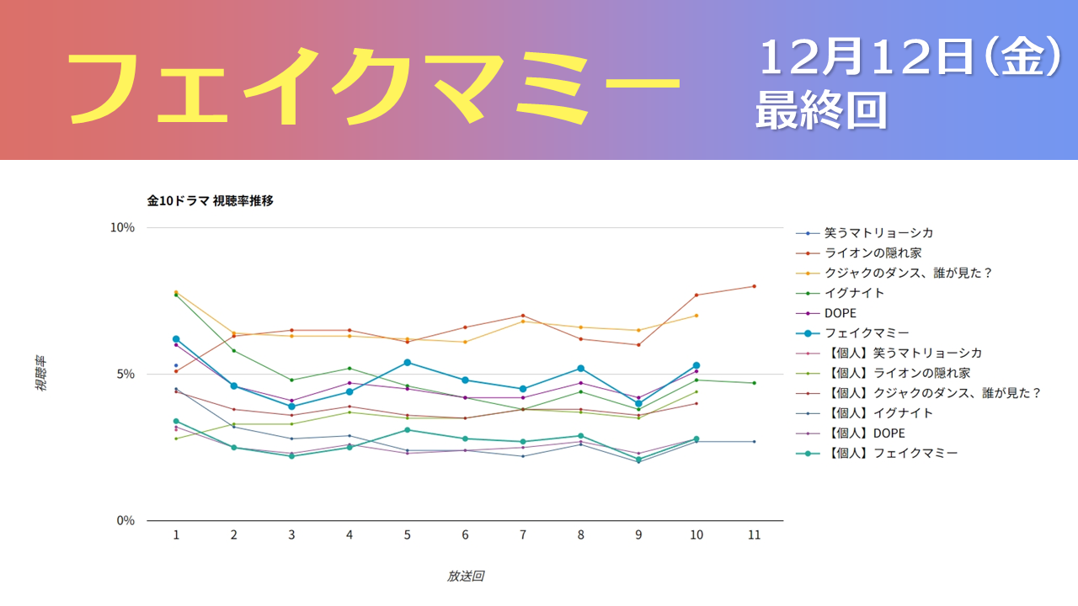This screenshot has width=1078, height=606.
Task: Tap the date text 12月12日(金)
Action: tap(910, 59)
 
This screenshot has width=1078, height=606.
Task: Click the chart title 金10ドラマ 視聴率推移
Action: tap(210, 200)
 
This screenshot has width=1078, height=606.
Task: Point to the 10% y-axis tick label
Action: tap(123, 228)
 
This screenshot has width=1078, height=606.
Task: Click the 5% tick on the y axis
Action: tap(125, 374)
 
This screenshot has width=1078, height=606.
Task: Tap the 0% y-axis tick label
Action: tap(125, 520)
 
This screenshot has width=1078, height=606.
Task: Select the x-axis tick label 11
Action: tap(754, 535)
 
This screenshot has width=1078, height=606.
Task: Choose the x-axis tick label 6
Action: tap(465, 535)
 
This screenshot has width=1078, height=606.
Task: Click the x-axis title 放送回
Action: tap(465, 577)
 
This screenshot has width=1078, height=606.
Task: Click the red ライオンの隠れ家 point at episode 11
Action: tap(754, 286)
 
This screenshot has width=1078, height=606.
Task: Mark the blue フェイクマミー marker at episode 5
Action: tap(408, 363)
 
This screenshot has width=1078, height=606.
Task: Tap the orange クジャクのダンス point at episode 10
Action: tap(696, 316)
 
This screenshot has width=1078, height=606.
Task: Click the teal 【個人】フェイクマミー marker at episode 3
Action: tap(291, 456)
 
